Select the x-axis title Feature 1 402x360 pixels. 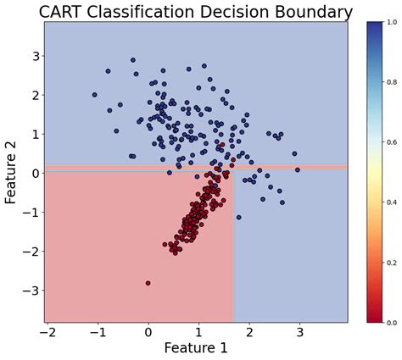click(x=196, y=347)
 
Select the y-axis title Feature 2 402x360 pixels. click(x=12, y=173)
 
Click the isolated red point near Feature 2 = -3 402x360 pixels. click(x=148, y=283)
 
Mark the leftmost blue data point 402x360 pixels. click(x=94, y=95)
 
